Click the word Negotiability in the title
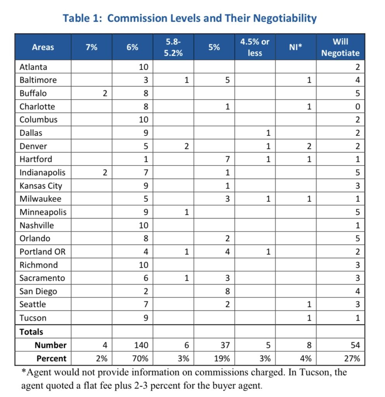tap(285, 19)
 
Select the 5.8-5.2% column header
tap(173, 47)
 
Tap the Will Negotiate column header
tap(340, 47)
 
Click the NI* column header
tap(295, 47)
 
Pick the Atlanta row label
tap(33, 67)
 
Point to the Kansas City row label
tap(41, 186)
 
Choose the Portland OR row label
tap(43, 252)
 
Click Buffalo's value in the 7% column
tap(105, 93)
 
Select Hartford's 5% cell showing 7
tap(227, 159)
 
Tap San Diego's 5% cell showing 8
tap(227, 291)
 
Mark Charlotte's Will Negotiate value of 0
tap(357, 107)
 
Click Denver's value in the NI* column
tap(309, 146)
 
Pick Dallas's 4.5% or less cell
tap(268, 133)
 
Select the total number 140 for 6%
tap(141, 345)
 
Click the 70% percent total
tap(140, 359)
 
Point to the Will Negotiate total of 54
tap(355, 345)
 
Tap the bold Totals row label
tap(31, 332)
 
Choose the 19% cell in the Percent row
tap(222, 359)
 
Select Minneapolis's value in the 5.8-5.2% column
tap(186, 212)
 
